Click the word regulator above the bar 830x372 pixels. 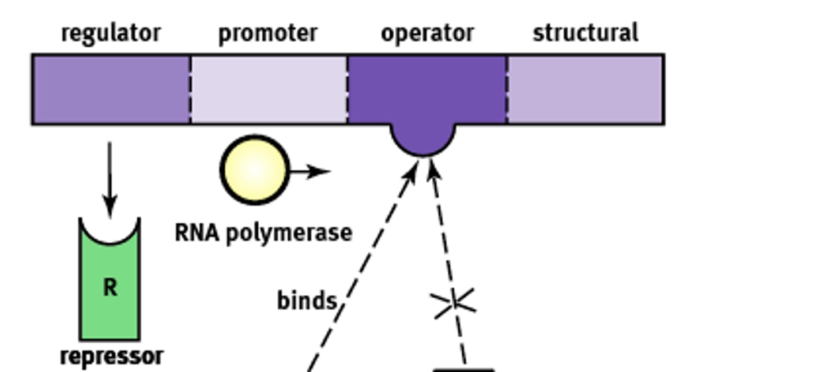(111, 33)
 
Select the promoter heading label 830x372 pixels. (268, 33)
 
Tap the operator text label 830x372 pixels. (427, 33)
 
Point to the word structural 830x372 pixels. (585, 33)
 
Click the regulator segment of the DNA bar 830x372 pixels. (111, 89)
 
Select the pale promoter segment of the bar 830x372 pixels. (269, 89)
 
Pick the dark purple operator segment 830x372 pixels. (427, 87)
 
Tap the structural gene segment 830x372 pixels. (585, 89)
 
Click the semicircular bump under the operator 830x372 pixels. (423, 140)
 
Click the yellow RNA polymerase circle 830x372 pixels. (254, 170)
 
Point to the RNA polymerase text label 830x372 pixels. (263, 233)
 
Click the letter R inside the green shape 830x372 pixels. (110, 287)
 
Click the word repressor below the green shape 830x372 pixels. (111, 356)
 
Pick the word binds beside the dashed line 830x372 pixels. (307, 301)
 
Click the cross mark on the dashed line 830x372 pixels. (454, 302)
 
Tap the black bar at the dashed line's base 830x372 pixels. (464, 370)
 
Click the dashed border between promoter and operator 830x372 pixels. (348, 89)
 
